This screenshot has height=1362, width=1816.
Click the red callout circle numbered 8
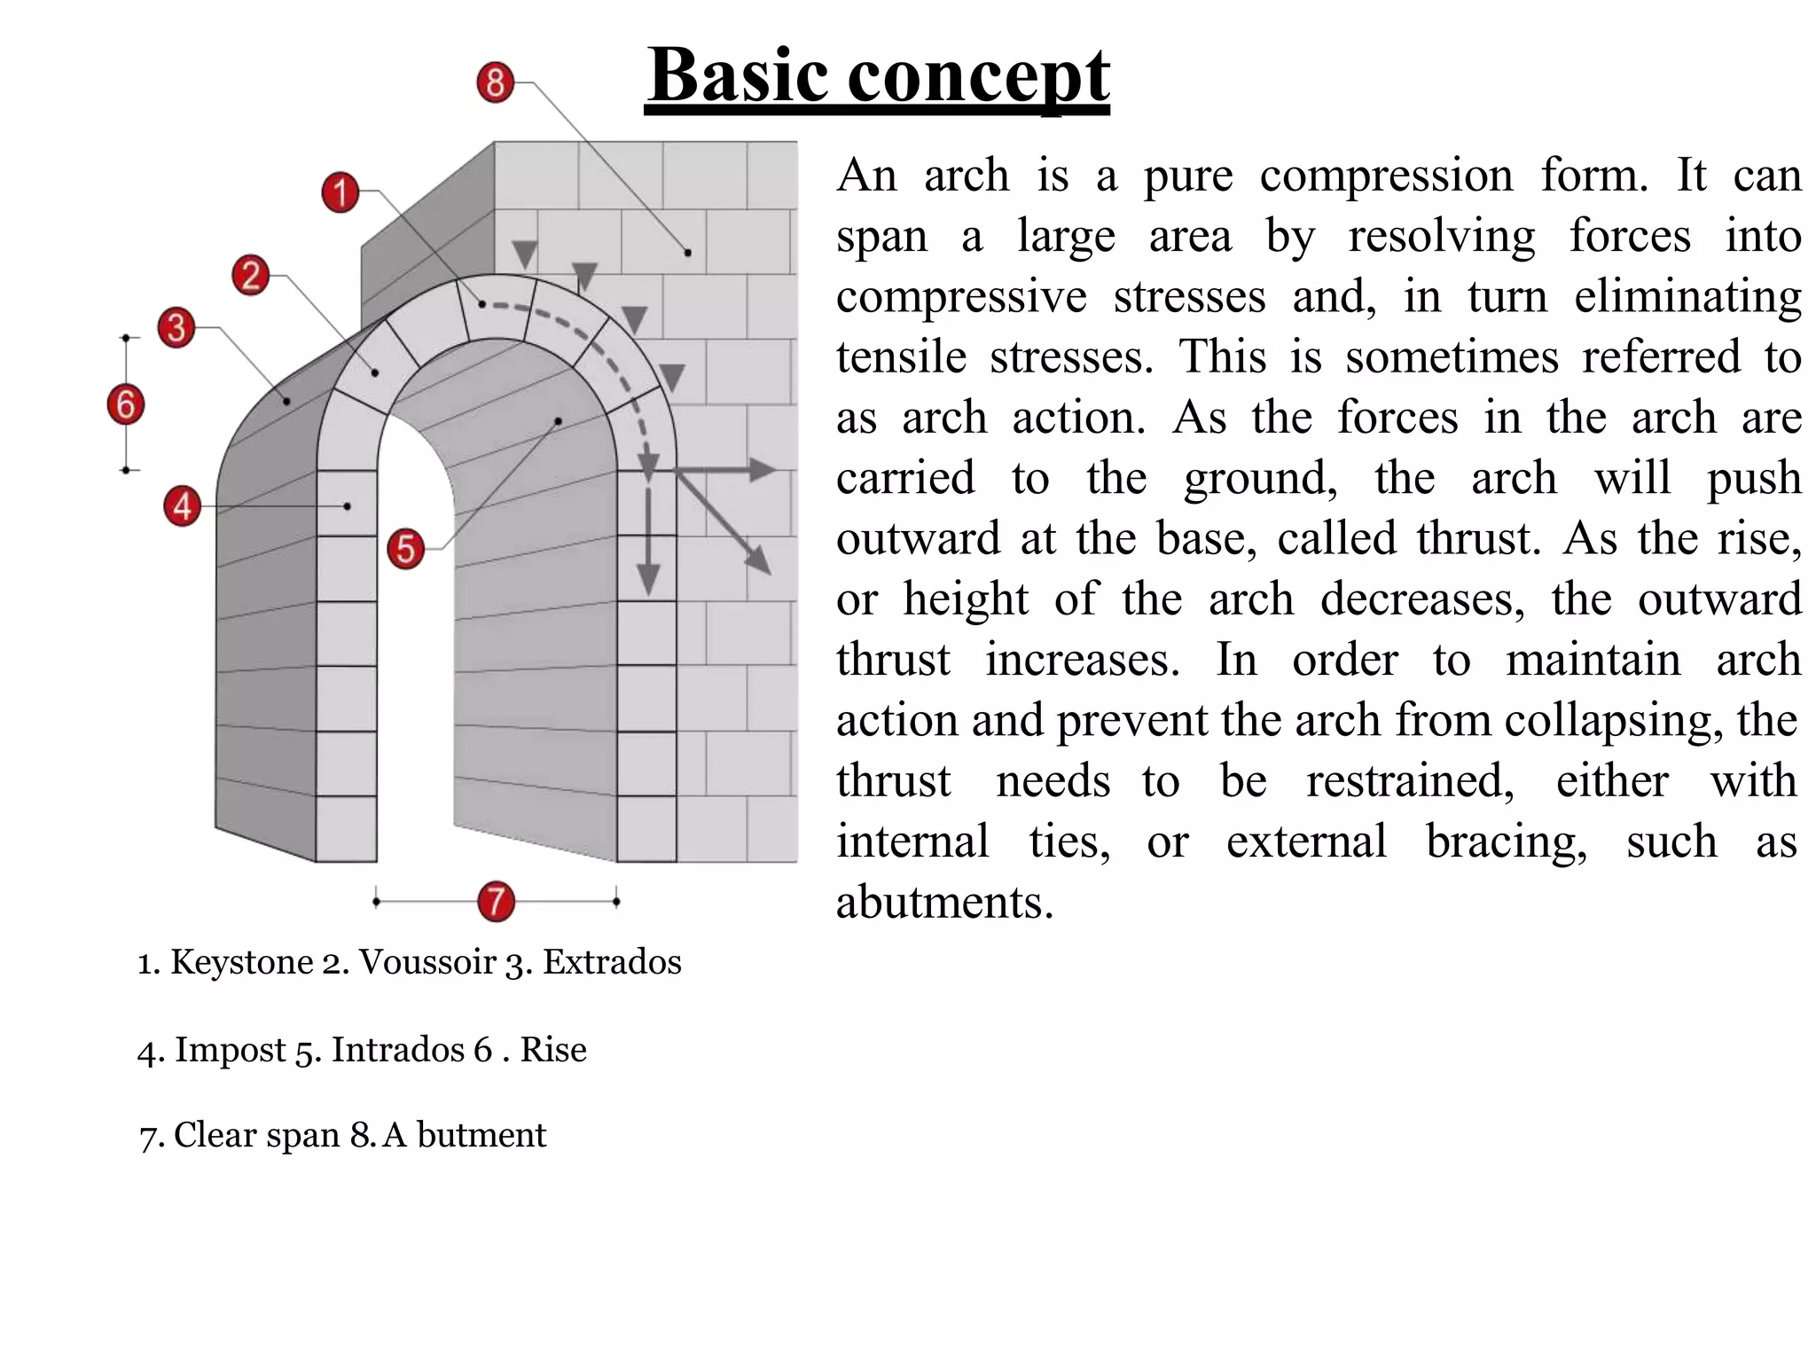[496, 82]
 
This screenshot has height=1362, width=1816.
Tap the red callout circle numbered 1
[340, 192]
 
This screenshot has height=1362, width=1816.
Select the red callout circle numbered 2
[251, 275]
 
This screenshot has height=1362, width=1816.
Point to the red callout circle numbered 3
[176, 327]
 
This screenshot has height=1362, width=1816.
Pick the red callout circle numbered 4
[183, 506]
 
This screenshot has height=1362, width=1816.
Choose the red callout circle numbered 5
[406, 549]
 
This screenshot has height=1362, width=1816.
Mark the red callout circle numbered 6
[126, 404]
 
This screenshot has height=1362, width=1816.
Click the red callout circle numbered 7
[497, 901]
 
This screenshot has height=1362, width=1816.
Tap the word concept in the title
[979, 76]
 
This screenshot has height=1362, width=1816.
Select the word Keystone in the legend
[242, 962]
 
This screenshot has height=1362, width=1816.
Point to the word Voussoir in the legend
[427, 962]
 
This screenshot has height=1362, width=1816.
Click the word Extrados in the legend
[612, 962]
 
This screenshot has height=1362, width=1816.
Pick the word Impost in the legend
[230, 1050]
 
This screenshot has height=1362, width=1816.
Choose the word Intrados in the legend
[398, 1050]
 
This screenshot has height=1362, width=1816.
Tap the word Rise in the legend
[553, 1050]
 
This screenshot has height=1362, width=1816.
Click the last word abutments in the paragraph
[945, 903]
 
